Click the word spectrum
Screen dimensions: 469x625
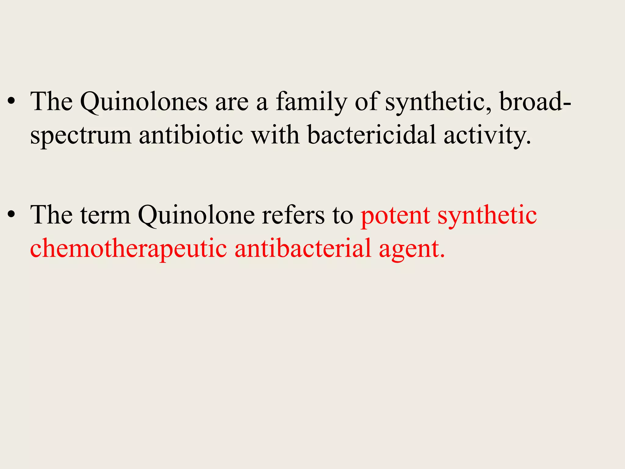tap(81, 136)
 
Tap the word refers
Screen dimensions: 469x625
tap(293, 215)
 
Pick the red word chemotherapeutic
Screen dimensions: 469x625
tap(128, 249)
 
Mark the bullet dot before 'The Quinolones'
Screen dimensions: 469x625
tap(11, 103)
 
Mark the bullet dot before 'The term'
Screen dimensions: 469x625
tap(11, 216)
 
